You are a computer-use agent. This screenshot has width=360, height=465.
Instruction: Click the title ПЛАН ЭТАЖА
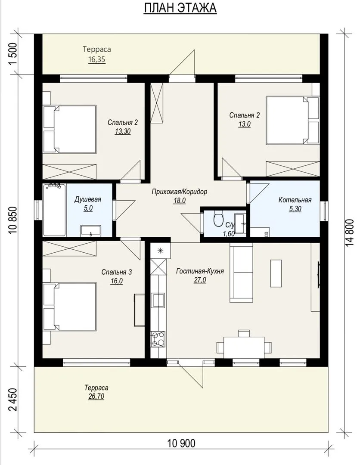180,8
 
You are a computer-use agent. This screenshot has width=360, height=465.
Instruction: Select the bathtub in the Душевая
55,210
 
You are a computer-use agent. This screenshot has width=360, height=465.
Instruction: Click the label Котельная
295,200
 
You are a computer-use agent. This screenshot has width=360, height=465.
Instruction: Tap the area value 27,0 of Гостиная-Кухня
200,280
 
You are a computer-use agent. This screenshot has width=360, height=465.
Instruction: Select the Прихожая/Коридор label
180,192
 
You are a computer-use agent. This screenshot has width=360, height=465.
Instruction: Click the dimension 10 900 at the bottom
181,443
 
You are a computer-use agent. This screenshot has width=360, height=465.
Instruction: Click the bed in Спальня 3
70,307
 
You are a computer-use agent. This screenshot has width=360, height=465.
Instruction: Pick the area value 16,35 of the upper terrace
96,59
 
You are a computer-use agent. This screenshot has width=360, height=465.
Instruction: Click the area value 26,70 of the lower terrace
96,397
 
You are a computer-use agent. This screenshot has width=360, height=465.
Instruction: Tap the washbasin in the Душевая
91,231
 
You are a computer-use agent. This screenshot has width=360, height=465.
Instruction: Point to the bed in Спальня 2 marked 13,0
292,120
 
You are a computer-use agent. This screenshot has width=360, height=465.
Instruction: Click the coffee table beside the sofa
276,273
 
